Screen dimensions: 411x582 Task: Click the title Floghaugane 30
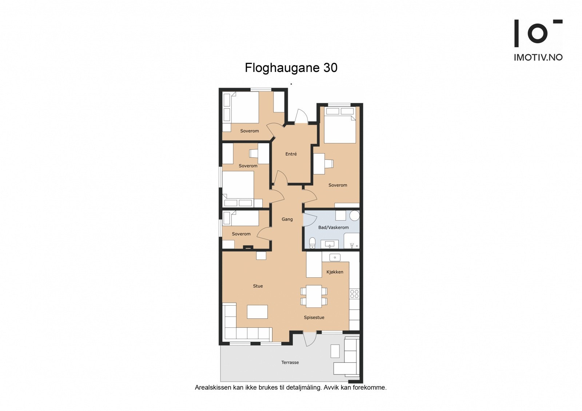(x=291, y=68)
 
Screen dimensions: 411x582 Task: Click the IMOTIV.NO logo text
(x=538, y=57)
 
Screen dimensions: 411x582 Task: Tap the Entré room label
(x=291, y=154)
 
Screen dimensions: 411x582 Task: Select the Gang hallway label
(x=287, y=219)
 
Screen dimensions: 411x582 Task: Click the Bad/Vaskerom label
(x=333, y=227)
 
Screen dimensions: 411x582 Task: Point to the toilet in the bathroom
(x=312, y=243)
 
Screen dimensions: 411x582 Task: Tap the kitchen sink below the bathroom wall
(x=335, y=258)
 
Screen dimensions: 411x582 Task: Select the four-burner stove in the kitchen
(x=354, y=294)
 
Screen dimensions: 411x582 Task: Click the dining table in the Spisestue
(x=314, y=296)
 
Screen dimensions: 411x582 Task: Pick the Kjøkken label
(x=335, y=272)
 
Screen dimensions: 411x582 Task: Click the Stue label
(x=258, y=286)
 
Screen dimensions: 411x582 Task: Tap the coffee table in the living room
(x=257, y=312)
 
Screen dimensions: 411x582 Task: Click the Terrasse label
(x=290, y=362)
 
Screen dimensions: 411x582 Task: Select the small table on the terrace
(x=335, y=351)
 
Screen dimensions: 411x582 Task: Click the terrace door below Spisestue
(x=309, y=339)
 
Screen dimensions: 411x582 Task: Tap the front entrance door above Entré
(x=301, y=117)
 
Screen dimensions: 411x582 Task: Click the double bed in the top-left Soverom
(x=245, y=107)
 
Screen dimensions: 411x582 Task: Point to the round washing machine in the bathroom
(x=354, y=216)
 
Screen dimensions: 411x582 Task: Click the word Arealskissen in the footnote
(x=212, y=387)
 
